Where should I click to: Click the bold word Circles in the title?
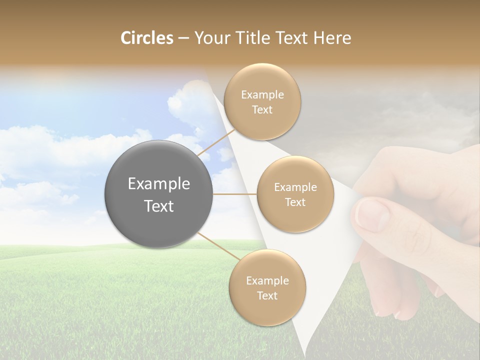point(146,38)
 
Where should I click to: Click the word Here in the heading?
point(332,38)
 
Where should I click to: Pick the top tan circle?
point(262,101)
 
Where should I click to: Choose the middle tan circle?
point(295,194)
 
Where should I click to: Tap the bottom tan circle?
point(267,287)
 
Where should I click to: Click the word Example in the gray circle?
point(159,184)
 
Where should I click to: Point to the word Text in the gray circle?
point(159,206)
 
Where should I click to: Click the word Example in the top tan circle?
point(262,95)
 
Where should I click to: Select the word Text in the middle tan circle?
point(295,202)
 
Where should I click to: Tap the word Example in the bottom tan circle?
point(267,281)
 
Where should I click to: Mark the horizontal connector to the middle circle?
point(235,194)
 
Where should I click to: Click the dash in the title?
point(183,38)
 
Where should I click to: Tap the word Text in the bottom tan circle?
point(267,295)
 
